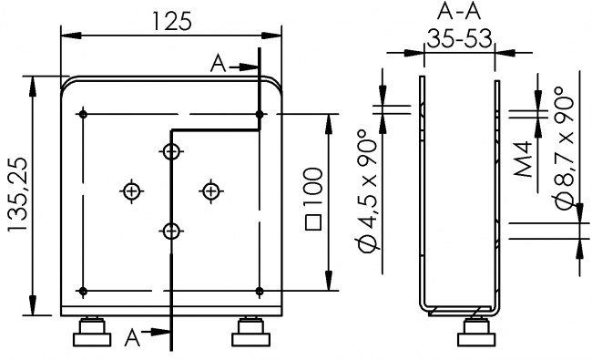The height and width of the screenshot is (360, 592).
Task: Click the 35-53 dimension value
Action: [458, 39]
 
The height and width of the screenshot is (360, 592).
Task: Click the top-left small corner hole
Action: [83, 114]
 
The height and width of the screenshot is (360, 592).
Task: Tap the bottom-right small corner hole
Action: [260, 291]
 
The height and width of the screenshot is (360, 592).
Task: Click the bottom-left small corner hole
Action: [83, 291]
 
